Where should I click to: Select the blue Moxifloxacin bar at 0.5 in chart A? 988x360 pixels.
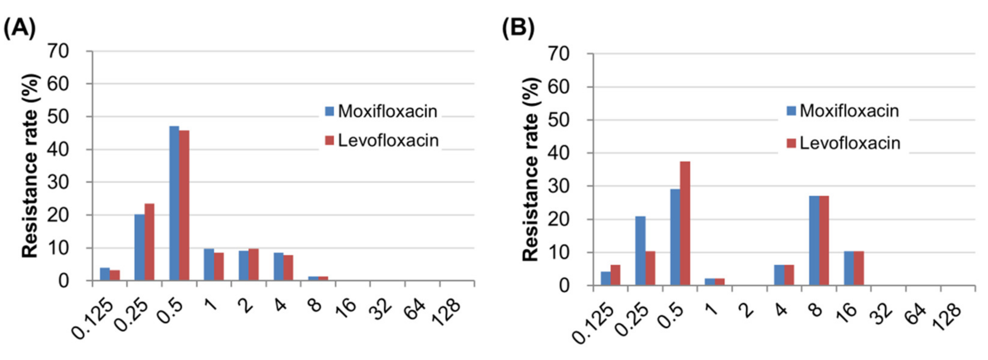(174, 203)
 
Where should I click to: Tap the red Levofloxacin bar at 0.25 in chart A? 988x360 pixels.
(150, 242)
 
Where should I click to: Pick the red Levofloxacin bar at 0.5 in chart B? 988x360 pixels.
(685, 223)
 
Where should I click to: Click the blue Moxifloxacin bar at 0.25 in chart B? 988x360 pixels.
(640, 251)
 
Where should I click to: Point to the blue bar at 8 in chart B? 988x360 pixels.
(814, 240)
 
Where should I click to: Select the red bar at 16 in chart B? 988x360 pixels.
(859, 268)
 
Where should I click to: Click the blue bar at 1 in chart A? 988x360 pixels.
(209, 264)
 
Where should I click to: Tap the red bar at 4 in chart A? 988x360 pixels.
(288, 268)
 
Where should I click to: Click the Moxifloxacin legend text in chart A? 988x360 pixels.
(387, 111)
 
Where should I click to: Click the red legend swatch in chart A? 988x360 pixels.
(329, 140)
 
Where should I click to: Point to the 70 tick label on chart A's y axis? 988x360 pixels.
(58, 51)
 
